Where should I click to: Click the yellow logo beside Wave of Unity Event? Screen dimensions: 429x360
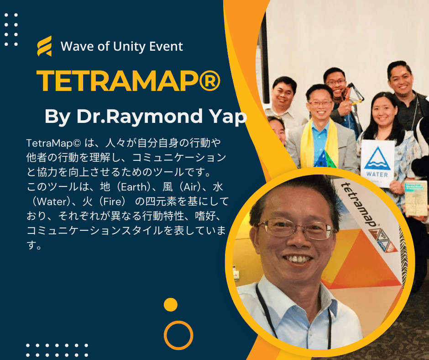tap(45, 46)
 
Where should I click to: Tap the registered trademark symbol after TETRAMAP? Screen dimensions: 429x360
tap(209, 80)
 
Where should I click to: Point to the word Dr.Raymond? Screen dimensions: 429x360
tap(140, 116)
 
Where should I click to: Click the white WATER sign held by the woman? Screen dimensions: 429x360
tap(377, 164)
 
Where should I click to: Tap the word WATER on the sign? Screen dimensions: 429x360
tap(377, 174)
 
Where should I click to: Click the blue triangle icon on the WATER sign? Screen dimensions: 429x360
tap(377, 159)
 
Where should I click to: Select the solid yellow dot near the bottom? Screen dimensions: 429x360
tap(171, 305)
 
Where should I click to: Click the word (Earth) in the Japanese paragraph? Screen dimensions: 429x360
tap(134, 187)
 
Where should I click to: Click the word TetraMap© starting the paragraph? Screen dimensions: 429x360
tap(54, 143)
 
